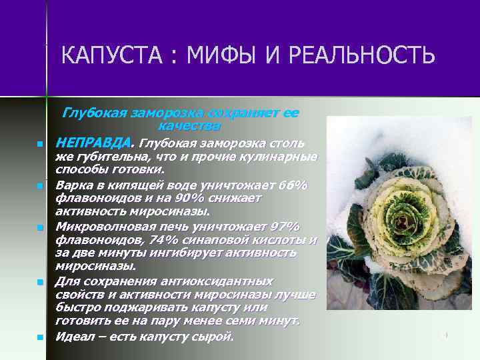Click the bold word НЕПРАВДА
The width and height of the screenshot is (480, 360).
[94, 143]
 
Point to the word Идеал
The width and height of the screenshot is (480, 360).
[74, 336]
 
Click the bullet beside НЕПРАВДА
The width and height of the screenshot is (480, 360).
[40, 144]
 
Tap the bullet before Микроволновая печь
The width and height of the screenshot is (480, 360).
[40, 228]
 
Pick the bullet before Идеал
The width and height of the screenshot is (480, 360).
[40, 337]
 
